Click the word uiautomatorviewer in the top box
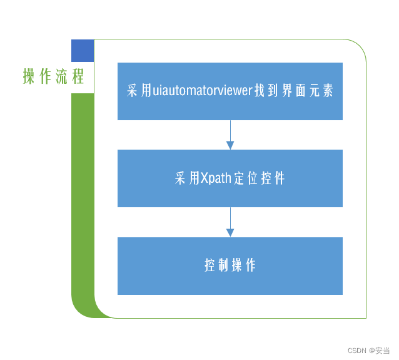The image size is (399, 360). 202,91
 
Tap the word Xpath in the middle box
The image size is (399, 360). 215,178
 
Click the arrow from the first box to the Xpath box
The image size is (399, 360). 230,135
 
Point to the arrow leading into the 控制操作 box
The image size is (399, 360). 230,222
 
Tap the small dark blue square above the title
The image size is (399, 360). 83,51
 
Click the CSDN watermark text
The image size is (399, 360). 356,351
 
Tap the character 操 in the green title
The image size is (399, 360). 29,77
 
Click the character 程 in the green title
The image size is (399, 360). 78,77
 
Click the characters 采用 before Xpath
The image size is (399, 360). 187,178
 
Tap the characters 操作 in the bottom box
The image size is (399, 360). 244,265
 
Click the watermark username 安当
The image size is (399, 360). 382,351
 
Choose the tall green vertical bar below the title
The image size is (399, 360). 83,200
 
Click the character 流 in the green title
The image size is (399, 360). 61,77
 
